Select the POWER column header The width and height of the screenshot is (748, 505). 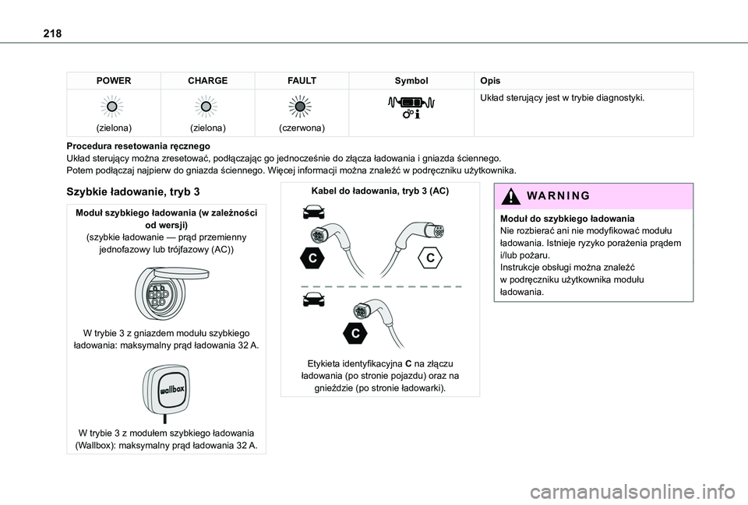[x=113, y=80]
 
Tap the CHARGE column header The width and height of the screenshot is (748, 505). [x=207, y=80]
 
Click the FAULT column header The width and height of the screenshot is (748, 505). [x=301, y=80]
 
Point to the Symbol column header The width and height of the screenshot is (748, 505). [x=411, y=80]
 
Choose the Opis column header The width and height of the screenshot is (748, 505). [x=491, y=80]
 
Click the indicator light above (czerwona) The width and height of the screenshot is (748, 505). [x=301, y=107]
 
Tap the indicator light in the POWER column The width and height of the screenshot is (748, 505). [x=113, y=106]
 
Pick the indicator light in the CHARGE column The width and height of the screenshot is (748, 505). [x=207, y=106]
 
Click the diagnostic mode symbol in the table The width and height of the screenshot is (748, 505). [x=411, y=107]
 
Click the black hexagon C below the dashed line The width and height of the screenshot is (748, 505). [x=355, y=333]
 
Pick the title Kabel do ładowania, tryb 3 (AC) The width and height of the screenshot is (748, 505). [x=379, y=191]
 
